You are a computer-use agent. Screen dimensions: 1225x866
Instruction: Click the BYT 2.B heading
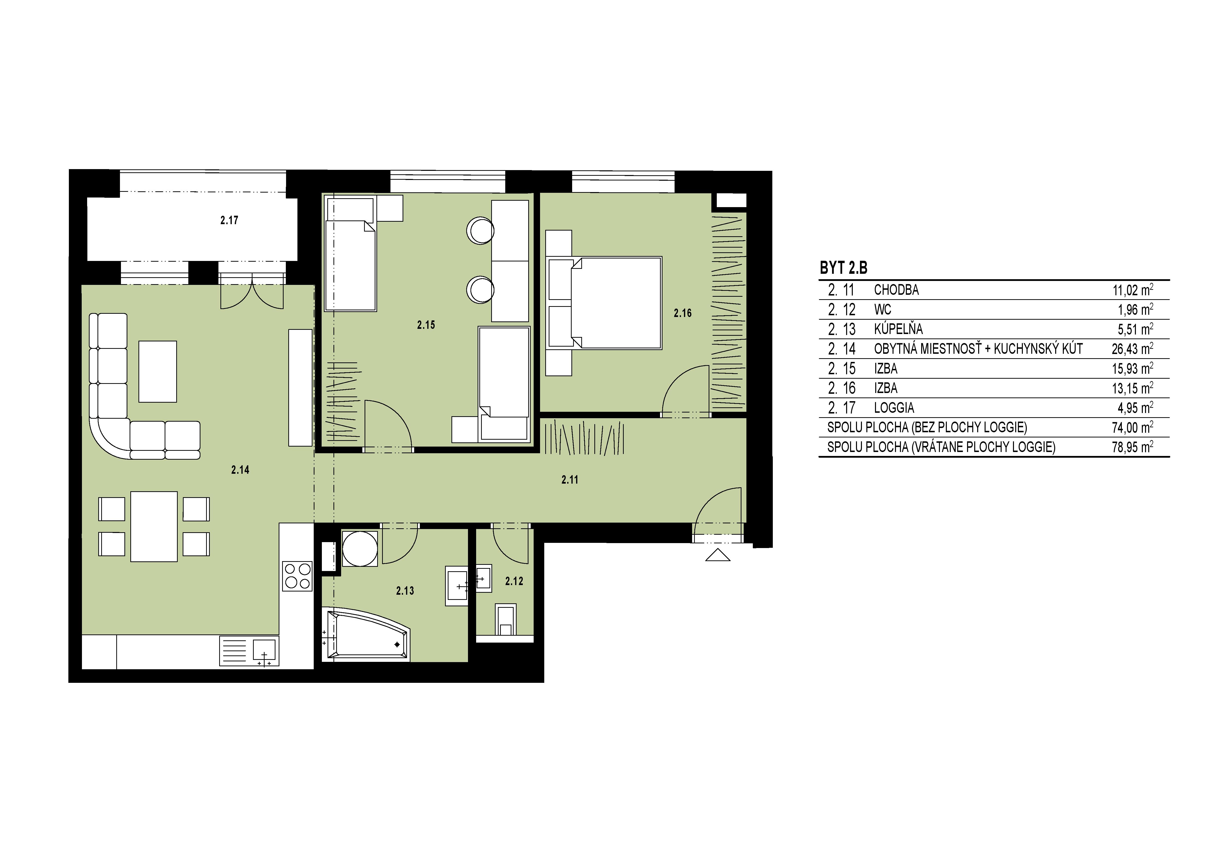(x=843, y=268)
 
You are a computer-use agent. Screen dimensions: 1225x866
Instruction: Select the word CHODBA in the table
(x=896, y=290)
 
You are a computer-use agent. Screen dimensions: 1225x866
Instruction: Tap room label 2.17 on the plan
(x=229, y=220)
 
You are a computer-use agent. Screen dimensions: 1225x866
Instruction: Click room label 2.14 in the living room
(x=240, y=470)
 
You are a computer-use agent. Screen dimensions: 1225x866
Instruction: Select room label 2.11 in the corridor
(x=570, y=480)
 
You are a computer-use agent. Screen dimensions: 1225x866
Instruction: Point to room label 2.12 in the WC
(x=514, y=581)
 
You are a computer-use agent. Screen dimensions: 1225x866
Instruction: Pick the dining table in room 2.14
(x=154, y=527)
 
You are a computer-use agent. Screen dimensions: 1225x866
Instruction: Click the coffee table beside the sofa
(x=157, y=371)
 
